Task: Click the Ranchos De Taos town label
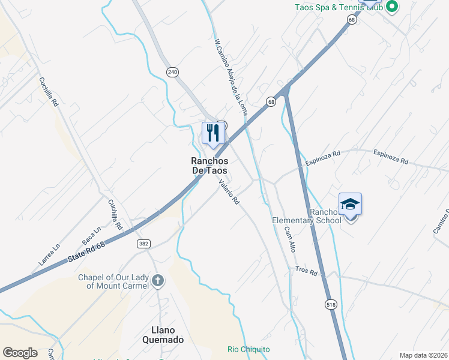coord(209,166)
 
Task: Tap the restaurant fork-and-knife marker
coord(212,133)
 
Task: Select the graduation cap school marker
coord(350,205)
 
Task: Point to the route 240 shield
coord(173,72)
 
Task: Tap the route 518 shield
coord(330,304)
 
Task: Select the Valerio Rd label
coord(229,193)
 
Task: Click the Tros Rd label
coord(306,271)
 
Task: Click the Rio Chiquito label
coord(249,349)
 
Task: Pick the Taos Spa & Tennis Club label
coord(338,7)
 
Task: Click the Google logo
coord(20,353)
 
